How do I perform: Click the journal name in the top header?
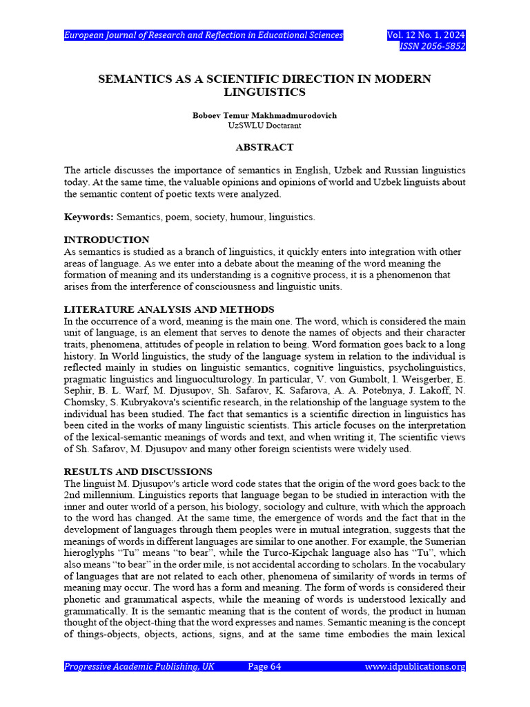tap(204, 35)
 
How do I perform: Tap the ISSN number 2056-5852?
tap(433, 47)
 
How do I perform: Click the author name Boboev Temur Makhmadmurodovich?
tap(264, 115)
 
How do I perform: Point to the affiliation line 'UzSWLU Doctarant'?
tap(264, 126)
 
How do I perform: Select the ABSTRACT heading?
tap(264, 147)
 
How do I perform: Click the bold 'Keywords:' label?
tap(88, 217)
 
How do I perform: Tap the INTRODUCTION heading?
tap(106, 240)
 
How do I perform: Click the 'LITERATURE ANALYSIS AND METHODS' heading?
tap(169, 309)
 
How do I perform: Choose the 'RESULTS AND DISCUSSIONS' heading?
tap(138, 472)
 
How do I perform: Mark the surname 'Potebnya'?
tap(373, 391)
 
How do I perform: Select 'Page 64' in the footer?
tap(264, 666)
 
